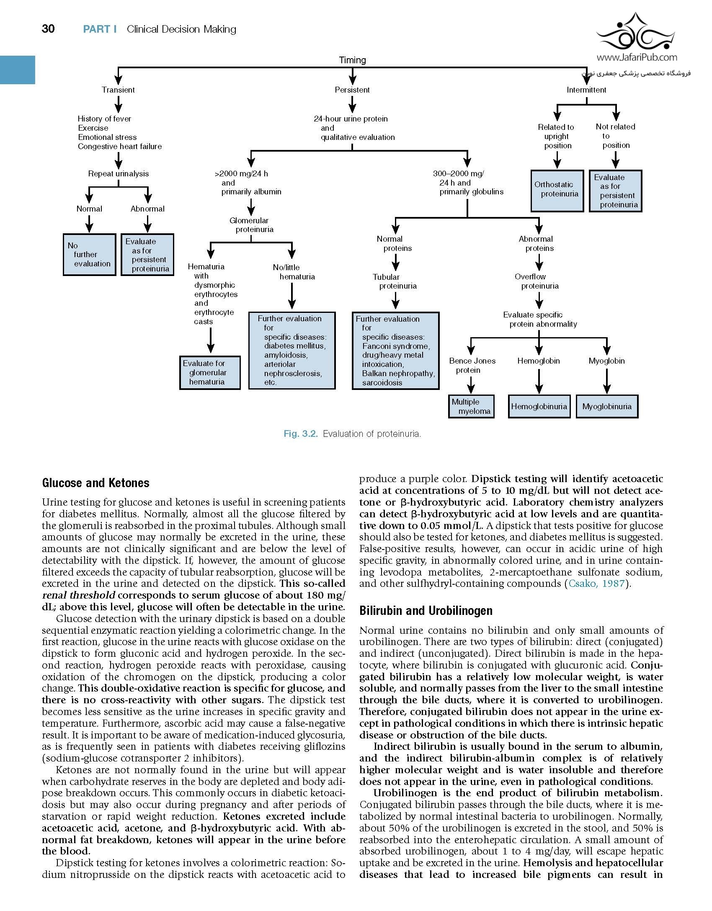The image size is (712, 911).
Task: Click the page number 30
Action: pos(48,29)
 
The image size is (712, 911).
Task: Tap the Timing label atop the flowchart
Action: pos(352,60)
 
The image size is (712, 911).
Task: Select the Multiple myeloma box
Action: pos(471,406)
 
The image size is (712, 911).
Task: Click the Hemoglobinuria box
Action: pos(539,406)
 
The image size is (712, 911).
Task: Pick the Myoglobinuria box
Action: pos(607,406)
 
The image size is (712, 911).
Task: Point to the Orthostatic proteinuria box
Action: pos(557,191)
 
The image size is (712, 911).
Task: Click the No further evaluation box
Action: pos(89,255)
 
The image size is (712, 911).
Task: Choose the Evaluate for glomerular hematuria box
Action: pos(210,373)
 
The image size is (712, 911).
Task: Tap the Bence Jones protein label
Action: pos(472,365)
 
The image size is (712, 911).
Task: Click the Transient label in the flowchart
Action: pos(118,90)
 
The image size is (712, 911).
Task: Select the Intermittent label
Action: pos(586,90)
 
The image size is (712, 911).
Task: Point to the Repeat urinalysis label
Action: pos(118,173)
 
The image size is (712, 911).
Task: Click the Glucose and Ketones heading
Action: pos(95,483)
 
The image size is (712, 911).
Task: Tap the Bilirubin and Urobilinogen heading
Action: pos(426,611)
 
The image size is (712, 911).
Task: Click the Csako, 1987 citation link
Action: pos(596,583)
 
